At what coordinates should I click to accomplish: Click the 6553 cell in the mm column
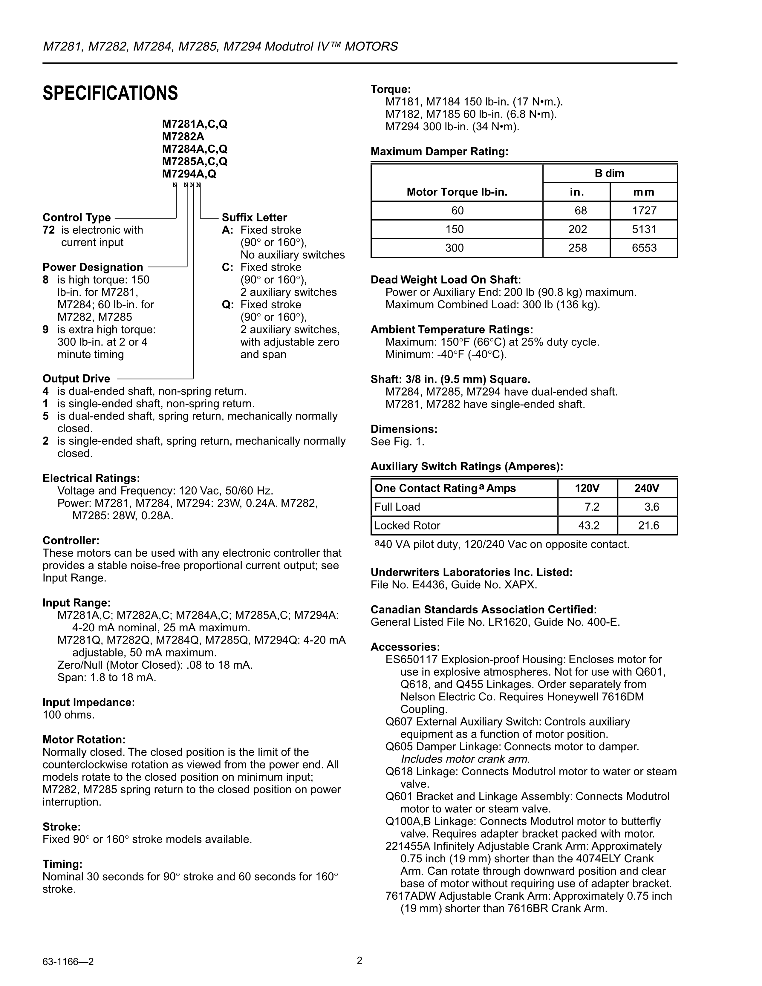pos(644,248)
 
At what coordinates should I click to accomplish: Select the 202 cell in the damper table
pos(577,229)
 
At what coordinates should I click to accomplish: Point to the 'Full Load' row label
pos(397,507)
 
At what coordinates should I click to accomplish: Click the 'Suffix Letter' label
pos(254,217)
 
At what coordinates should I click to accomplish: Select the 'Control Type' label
pos(77,217)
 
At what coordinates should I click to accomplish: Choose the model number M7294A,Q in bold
pos(189,174)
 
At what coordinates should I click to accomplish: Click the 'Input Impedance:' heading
pos(88,702)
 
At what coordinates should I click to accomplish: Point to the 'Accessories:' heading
pos(405,647)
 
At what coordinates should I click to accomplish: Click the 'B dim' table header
pos(609,173)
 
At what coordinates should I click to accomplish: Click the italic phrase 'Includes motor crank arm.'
pos(465,759)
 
